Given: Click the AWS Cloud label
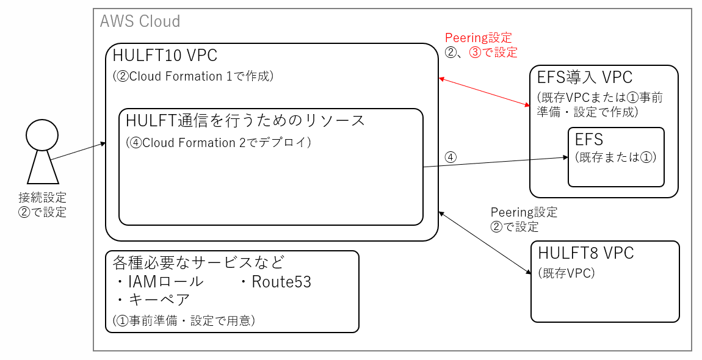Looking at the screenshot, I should [140, 21].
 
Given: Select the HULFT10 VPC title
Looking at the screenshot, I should [165, 56].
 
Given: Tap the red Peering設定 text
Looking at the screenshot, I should [478, 38].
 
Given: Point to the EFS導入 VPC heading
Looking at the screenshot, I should [584, 77].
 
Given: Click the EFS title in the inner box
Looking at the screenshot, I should [589, 140].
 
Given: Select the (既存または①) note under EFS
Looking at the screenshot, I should [615, 157].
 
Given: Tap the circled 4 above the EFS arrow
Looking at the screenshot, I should [450, 157].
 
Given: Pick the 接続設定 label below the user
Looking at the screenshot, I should [42, 198].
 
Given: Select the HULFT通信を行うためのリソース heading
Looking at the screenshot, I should [245, 120].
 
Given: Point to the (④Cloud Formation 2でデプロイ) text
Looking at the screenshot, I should [219, 143].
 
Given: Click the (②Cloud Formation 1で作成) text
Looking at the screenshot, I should [193, 76].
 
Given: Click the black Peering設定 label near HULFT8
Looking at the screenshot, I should [524, 212].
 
